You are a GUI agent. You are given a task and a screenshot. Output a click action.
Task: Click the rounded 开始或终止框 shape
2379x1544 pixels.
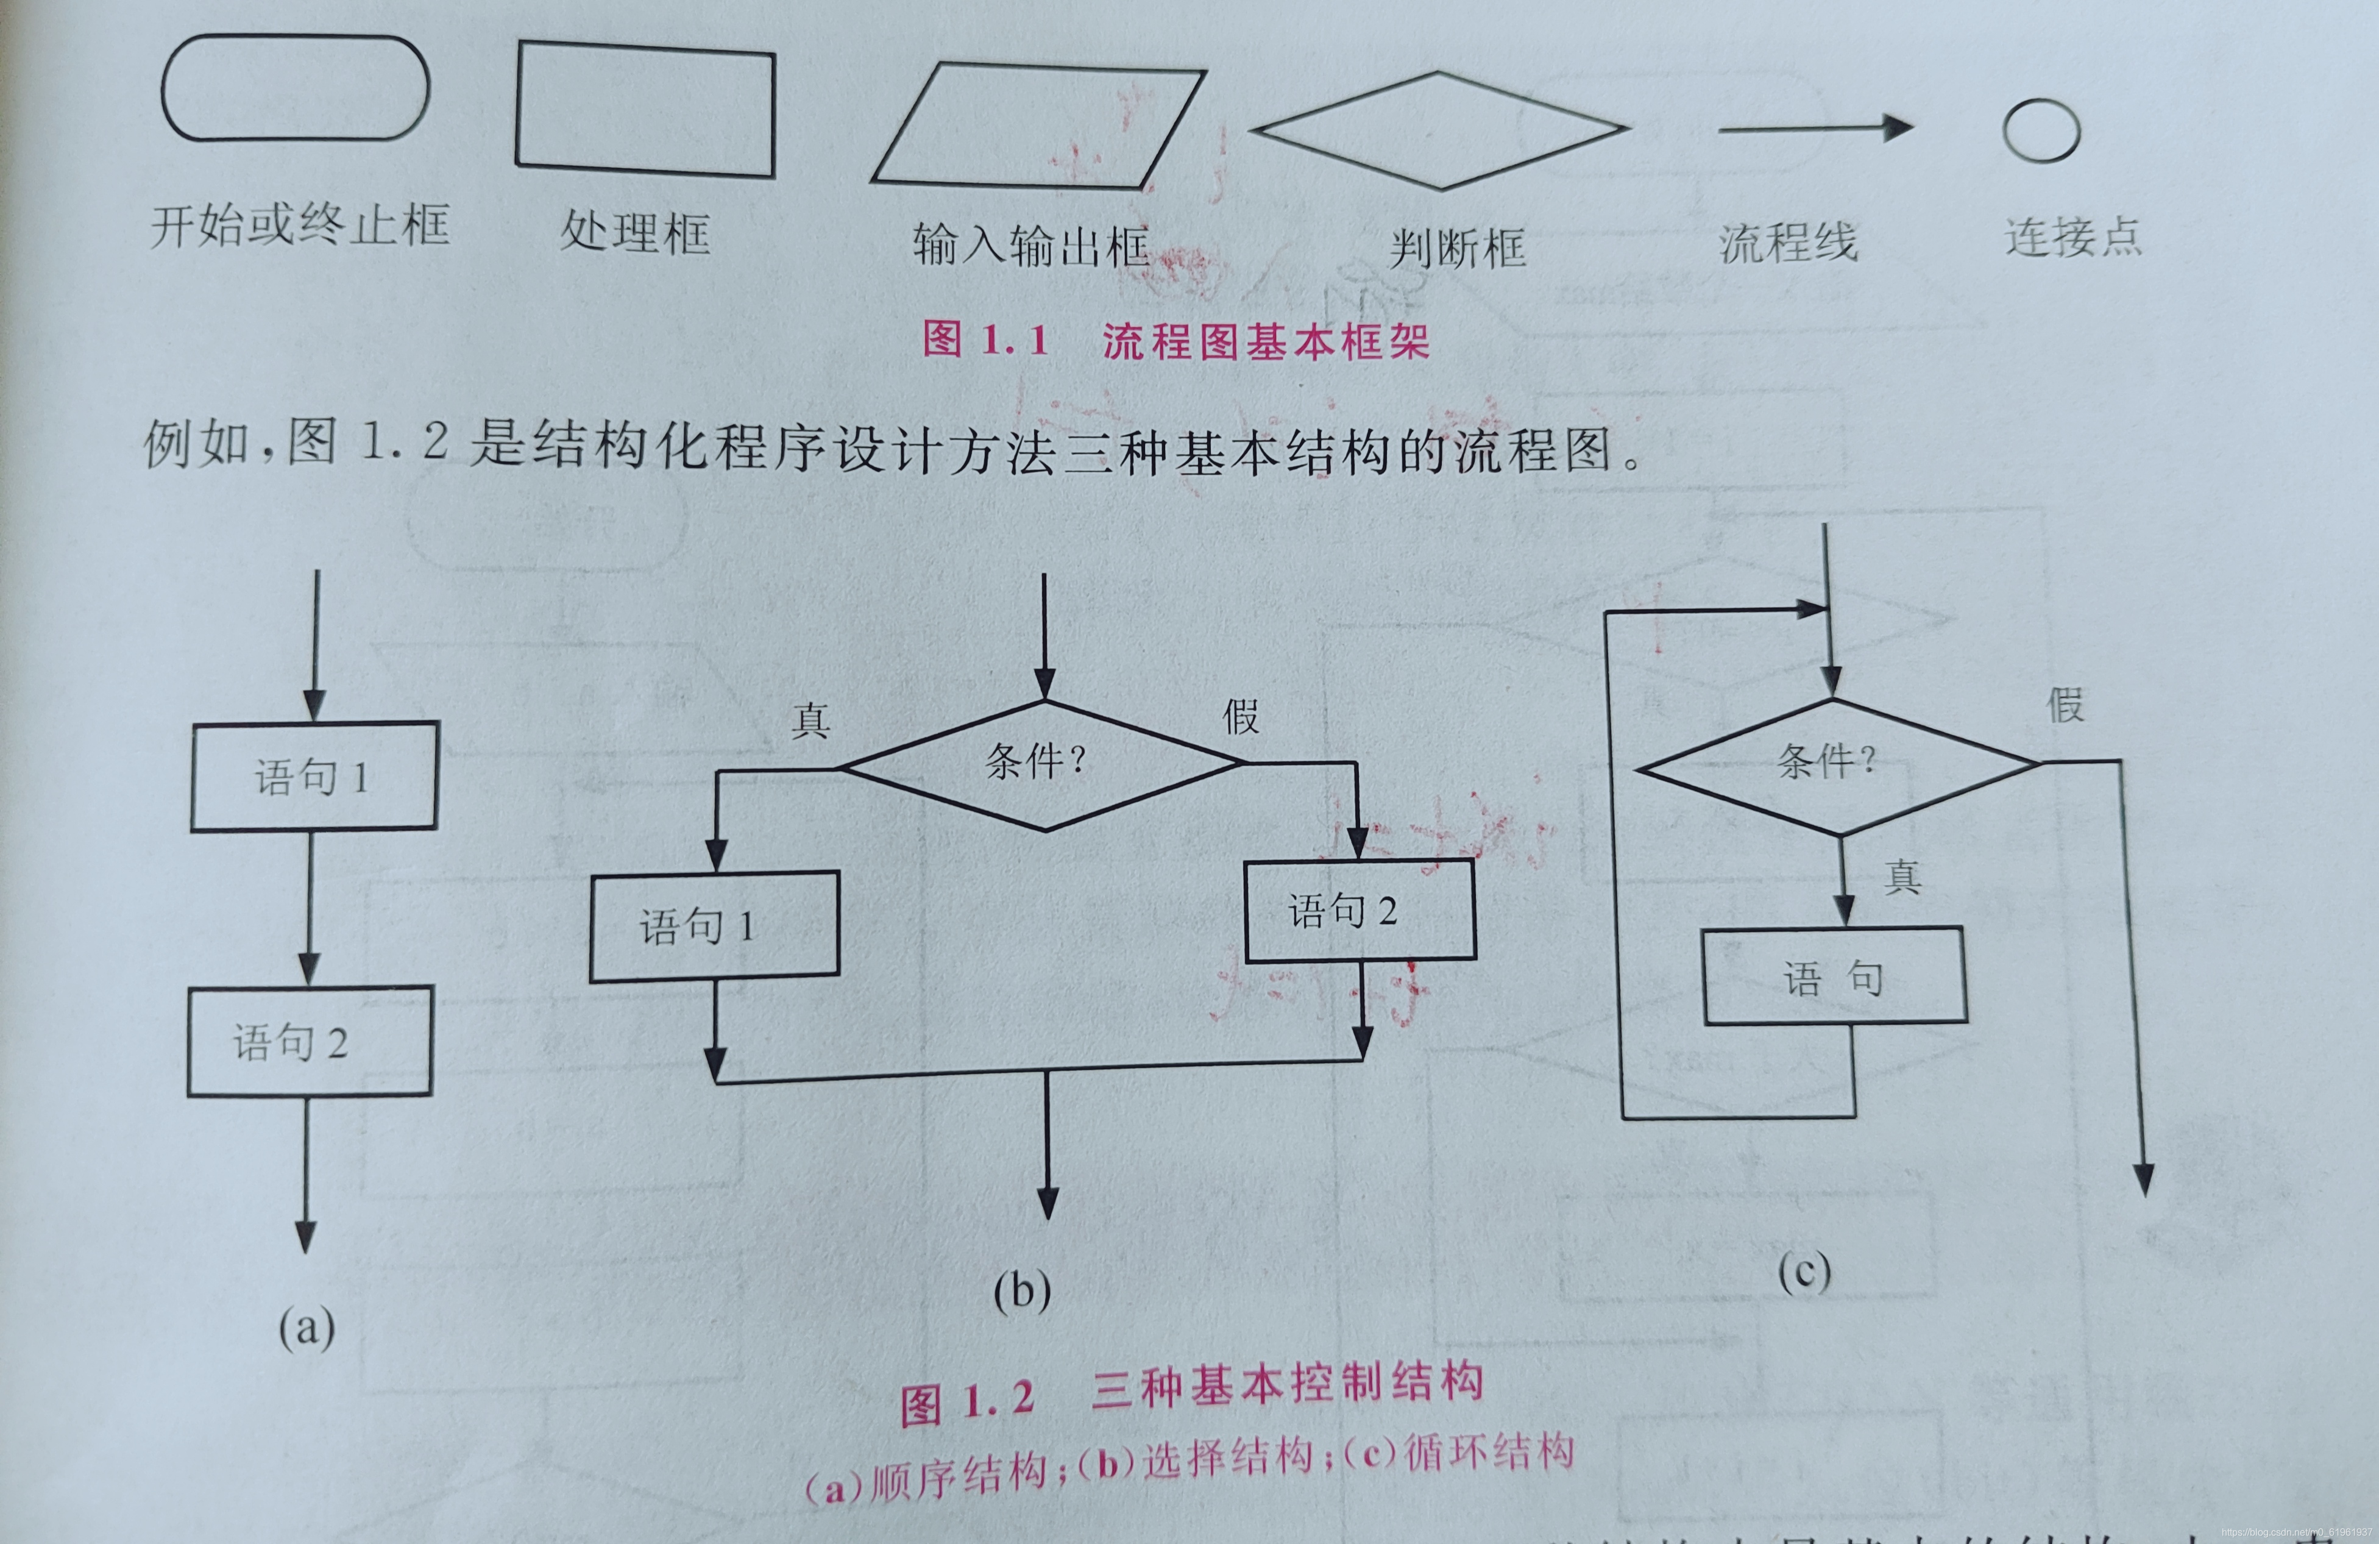tap(295, 88)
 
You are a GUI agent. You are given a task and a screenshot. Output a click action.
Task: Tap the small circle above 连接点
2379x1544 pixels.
tap(2041, 131)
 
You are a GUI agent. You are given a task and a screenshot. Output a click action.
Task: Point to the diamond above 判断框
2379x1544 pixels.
tap(1439, 130)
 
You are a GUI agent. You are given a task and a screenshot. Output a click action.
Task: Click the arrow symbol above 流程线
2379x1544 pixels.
tap(1814, 128)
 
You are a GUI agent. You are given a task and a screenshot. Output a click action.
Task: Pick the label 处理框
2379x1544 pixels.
tap(635, 233)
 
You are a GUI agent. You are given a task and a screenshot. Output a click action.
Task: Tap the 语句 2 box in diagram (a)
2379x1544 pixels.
tap(310, 1042)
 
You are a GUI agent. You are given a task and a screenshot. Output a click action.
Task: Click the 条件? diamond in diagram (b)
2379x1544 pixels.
tap(1044, 765)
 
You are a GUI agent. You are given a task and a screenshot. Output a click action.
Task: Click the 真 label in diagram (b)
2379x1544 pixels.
tap(810, 720)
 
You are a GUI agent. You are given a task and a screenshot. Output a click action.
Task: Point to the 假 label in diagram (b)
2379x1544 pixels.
tap(1241, 716)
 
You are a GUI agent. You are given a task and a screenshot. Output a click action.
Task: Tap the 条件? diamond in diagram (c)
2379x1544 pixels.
tap(1835, 766)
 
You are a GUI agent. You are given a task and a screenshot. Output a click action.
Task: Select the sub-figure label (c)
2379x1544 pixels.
tap(1804, 1272)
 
